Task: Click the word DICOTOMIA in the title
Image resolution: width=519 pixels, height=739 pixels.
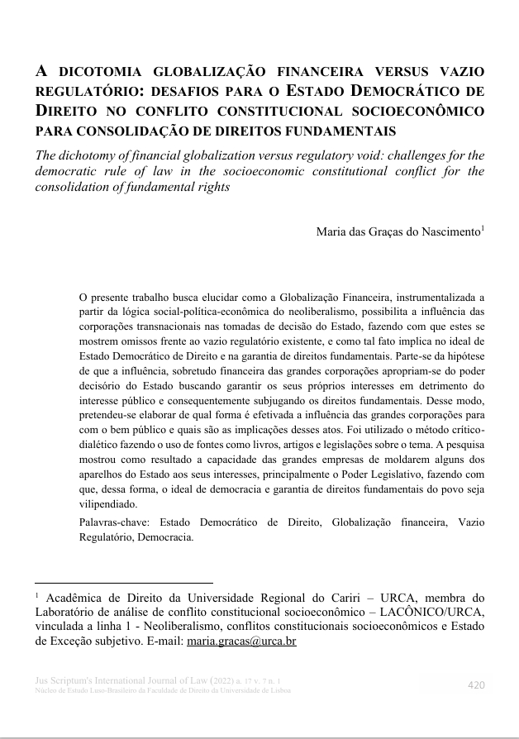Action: coord(100,72)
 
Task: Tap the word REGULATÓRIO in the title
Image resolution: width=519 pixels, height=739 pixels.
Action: coord(80,92)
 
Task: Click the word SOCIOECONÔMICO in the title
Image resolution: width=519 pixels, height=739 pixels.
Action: coord(427,112)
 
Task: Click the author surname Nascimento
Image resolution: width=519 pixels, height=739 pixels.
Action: coord(447,232)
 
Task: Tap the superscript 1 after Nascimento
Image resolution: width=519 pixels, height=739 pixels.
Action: coord(483,228)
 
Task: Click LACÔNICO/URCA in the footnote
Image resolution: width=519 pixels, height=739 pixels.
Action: coord(433,612)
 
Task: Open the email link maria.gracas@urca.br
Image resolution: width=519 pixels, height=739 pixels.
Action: coord(241,641)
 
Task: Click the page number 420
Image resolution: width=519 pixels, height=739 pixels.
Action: coord(476,685)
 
